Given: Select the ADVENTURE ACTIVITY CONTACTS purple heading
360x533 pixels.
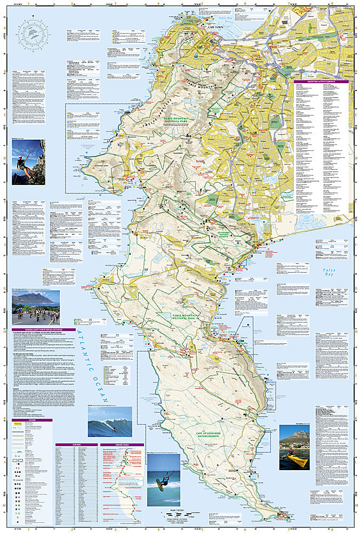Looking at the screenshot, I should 321,82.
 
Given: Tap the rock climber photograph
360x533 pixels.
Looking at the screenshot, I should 28,162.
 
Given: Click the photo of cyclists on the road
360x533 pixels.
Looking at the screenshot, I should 36,308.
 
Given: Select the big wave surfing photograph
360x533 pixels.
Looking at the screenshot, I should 110,422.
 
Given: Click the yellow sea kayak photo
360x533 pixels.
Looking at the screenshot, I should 294,446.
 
